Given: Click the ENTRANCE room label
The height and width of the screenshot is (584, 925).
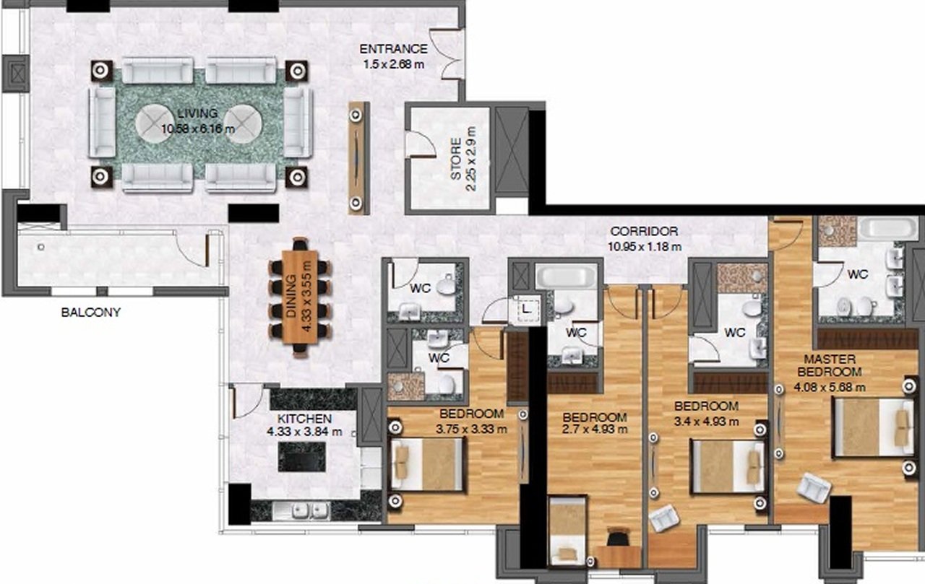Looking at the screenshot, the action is pos(394,49).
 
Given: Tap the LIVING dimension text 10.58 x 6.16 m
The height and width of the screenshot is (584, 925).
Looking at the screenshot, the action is pos(198,129).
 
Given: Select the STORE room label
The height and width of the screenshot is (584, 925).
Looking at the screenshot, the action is pos(456,160).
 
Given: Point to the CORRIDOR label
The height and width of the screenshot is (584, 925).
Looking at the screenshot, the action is pos(644,232).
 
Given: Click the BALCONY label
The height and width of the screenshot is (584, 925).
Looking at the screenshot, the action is pos(91,313).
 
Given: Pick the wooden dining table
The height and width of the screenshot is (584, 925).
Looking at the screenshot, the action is pos(300,297).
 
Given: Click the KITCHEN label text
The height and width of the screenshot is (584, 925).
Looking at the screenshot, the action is pos(304,419).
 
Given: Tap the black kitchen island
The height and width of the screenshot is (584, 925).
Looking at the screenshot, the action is pos(302,456).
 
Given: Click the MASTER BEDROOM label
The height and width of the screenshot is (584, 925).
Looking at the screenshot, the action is pos(830,365).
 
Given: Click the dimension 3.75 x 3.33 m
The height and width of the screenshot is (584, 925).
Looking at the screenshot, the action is pos(472,430).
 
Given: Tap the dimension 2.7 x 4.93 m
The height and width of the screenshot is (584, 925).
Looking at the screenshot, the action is pos(595,430).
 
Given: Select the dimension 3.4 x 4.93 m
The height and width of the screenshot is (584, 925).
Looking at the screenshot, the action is pos(707,422).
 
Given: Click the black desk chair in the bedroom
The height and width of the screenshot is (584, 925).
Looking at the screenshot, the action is pos(618,537).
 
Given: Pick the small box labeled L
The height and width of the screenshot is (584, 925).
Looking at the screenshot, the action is pos(526,309).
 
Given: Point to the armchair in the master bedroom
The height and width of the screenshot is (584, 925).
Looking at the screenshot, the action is pos(813,488).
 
